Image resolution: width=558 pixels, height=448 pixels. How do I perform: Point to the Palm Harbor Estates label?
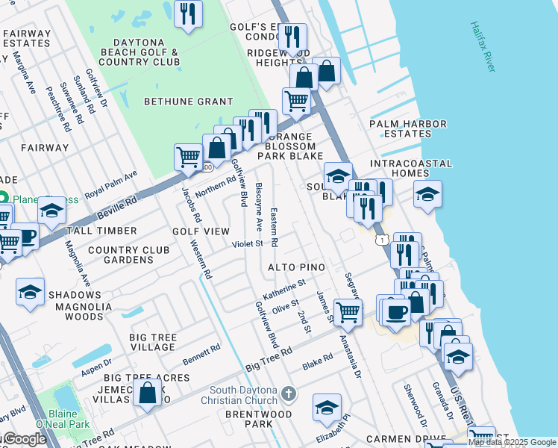click(408, 129)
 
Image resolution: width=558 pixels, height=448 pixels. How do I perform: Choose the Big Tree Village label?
click(153, 343)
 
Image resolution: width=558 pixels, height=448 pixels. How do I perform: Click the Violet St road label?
click(248, 243)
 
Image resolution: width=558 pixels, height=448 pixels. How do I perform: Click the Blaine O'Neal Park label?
click(66, 419)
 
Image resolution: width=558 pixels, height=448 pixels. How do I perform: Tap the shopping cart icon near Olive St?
click(348, 311)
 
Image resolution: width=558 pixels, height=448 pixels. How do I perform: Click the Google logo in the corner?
click(24, 439)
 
